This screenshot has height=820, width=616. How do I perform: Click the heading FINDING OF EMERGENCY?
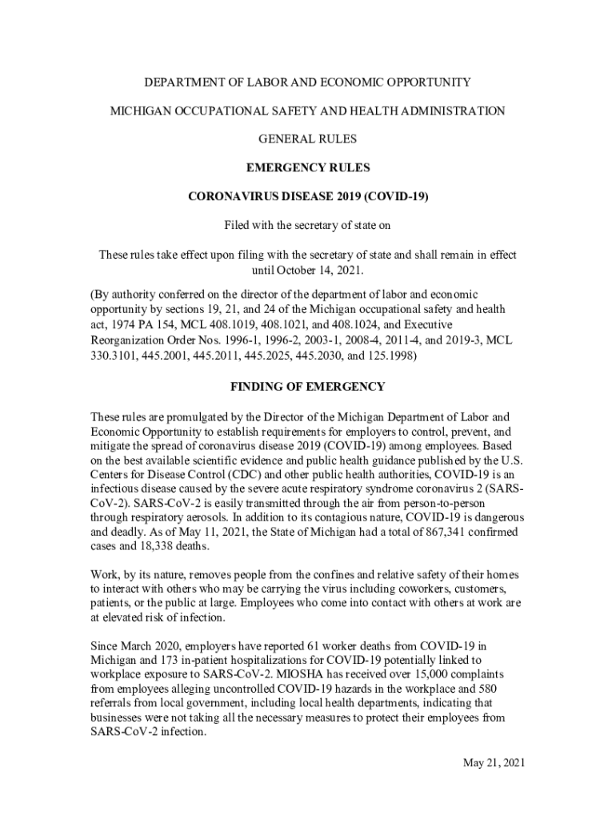tap(308, 387)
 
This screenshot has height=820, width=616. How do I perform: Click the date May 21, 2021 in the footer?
tap(494, 763)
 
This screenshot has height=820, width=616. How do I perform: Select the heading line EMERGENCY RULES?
tap(308, 168)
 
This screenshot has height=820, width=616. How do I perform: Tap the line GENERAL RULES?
tap(308, 139)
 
